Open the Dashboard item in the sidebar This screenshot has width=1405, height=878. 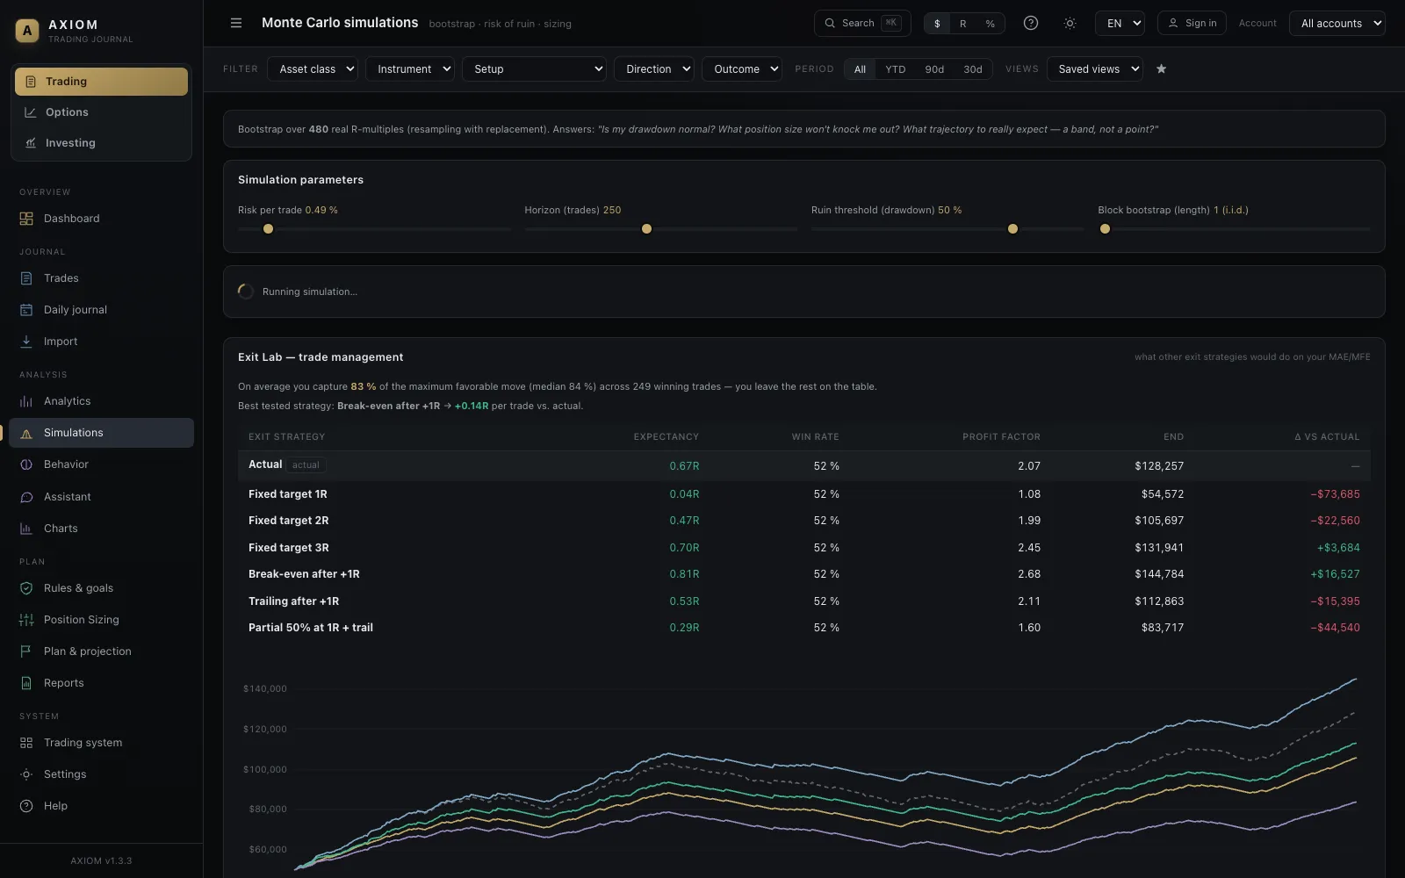71,219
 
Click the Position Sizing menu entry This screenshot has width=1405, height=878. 81,620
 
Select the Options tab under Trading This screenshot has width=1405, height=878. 67,112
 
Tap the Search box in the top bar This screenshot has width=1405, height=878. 862,23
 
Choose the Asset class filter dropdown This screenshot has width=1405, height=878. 313,69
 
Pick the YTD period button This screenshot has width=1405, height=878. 895,69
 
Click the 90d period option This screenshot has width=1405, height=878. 934,69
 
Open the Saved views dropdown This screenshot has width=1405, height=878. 1094,69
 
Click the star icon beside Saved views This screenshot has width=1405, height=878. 1161,69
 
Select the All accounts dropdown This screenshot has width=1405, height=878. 1337,23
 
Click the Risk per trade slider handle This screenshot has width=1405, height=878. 268,229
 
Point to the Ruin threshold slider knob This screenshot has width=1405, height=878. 1012,229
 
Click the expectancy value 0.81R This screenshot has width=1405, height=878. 684,574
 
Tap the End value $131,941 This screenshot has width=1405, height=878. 1159,548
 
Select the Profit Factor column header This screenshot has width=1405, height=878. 1001,436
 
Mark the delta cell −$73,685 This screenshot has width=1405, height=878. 1335,494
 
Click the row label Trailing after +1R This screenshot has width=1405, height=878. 293,601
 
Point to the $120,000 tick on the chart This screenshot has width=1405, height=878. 264,729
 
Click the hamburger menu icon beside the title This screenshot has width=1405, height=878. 236,23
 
